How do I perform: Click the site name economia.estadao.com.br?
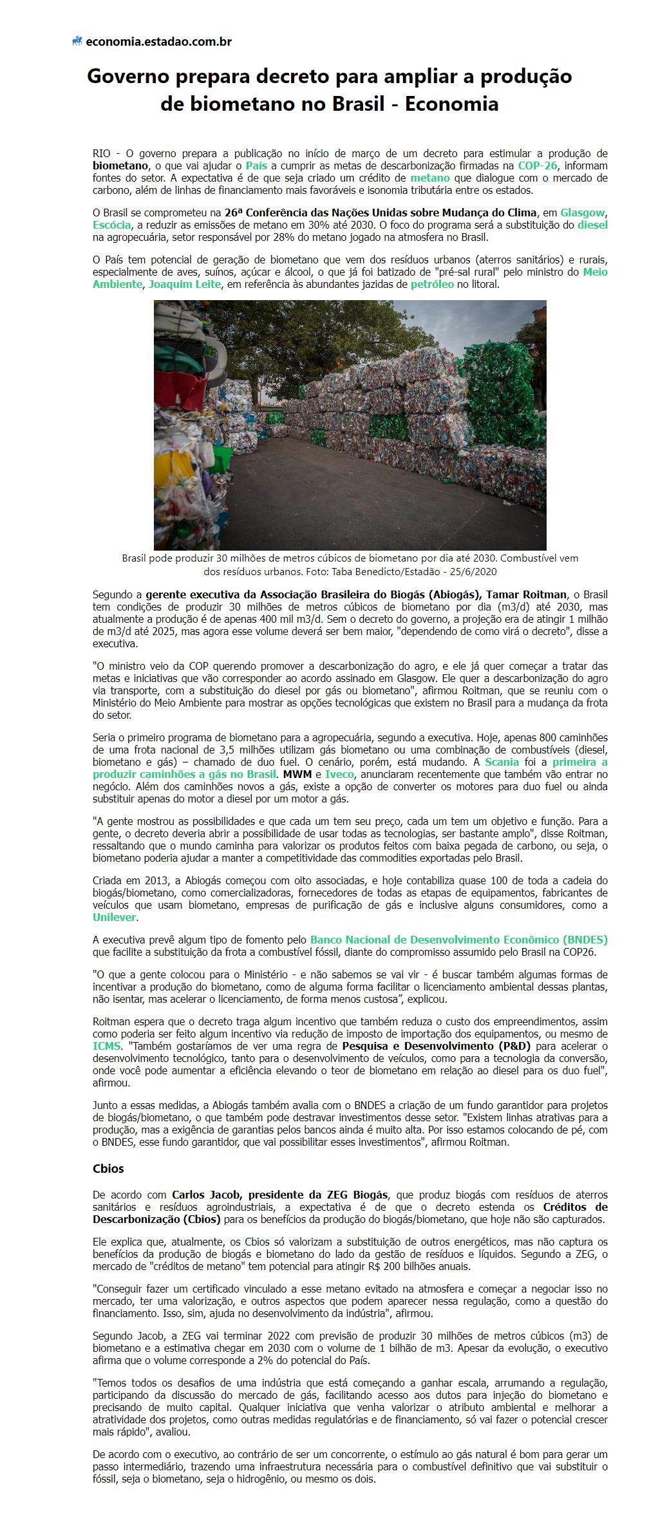(158, 42)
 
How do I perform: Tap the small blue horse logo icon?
(77, 42)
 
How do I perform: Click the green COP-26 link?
(538, 166)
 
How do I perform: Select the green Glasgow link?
(583, 213)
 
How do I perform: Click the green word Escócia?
(112, 225)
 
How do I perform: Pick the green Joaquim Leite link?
(185, 284)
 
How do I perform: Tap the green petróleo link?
(432, 284)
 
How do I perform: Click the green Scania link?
(502, 762)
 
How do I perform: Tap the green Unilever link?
(114, 917)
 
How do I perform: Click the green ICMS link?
(106, 1046)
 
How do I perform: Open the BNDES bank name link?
(458, 940)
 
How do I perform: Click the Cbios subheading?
(108, 1169)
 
